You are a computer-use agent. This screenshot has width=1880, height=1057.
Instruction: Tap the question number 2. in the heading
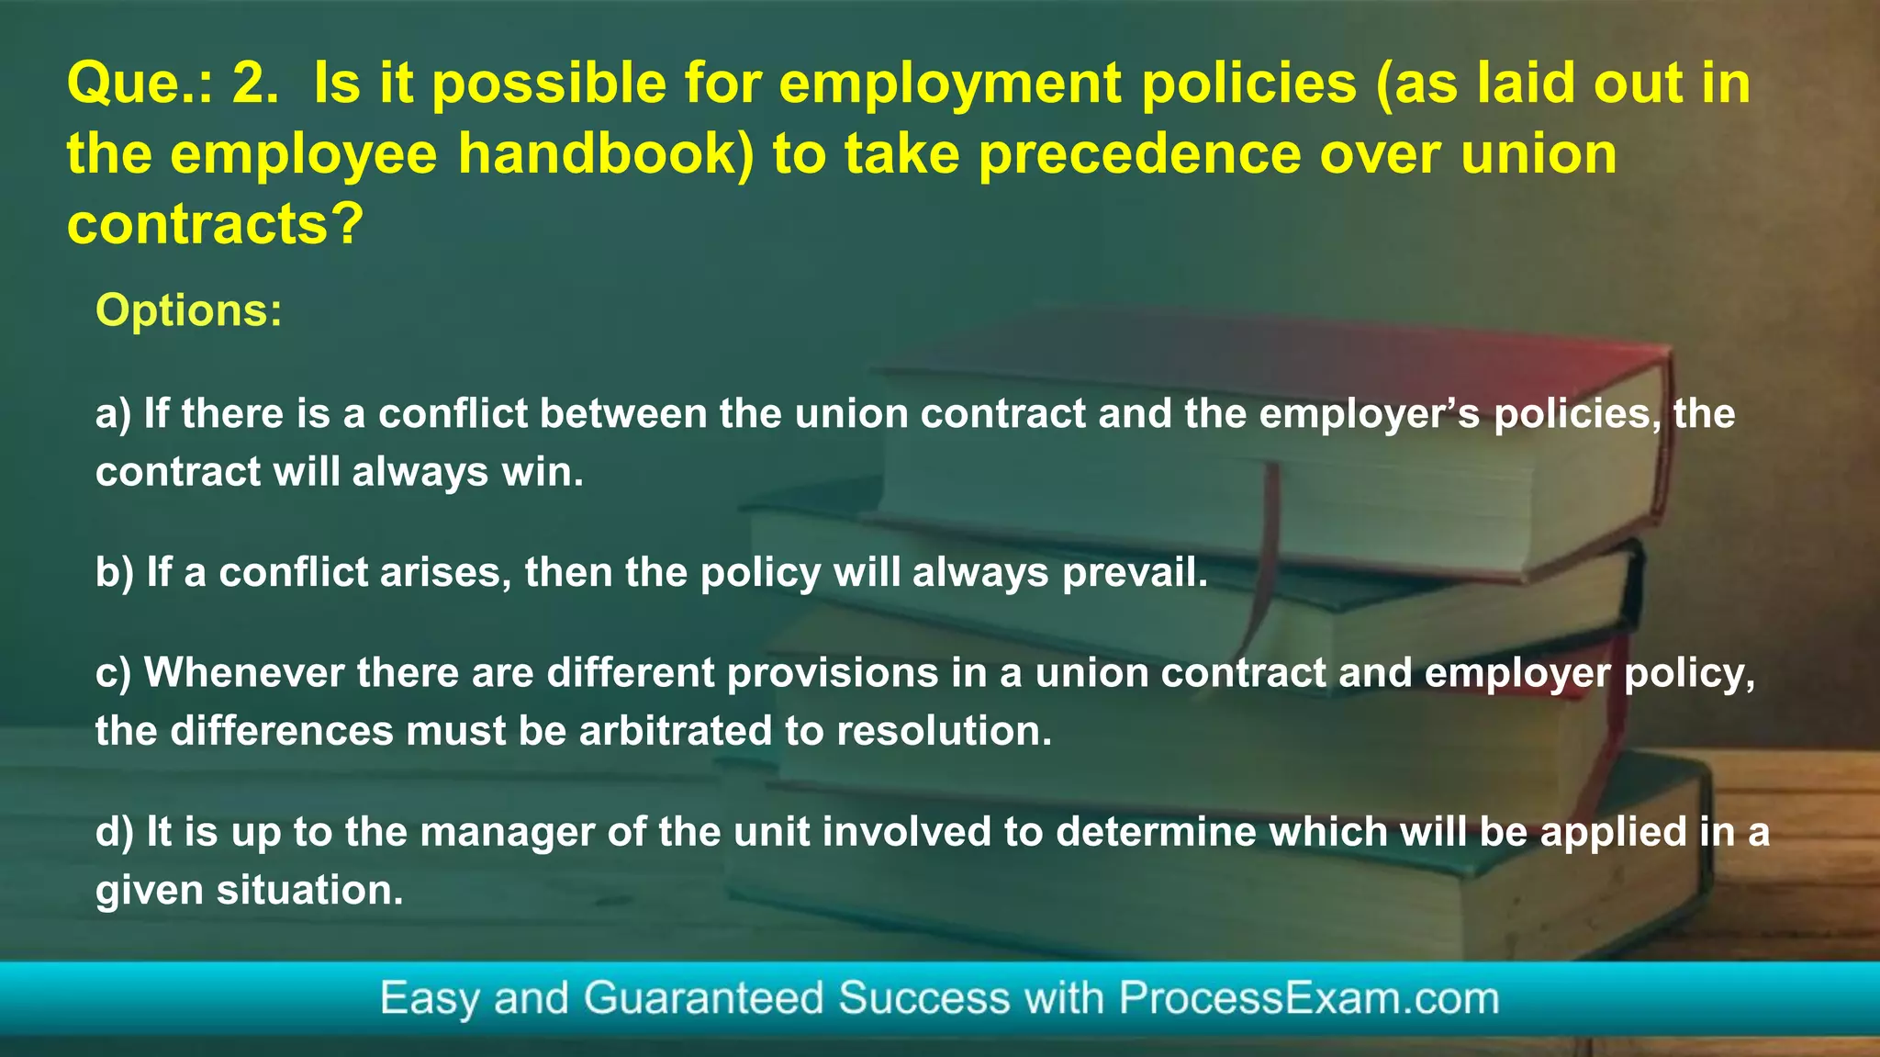click(x=256, y=84)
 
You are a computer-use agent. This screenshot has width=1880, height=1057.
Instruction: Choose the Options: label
click(x=189, y=310)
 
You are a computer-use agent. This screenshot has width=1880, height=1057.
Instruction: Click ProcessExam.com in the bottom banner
click(x=1309, y=998)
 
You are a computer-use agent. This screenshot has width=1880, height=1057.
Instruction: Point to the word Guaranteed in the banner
click(x=704, y=998)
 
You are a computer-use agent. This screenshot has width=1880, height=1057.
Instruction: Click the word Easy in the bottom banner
click(x=430, y=998)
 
